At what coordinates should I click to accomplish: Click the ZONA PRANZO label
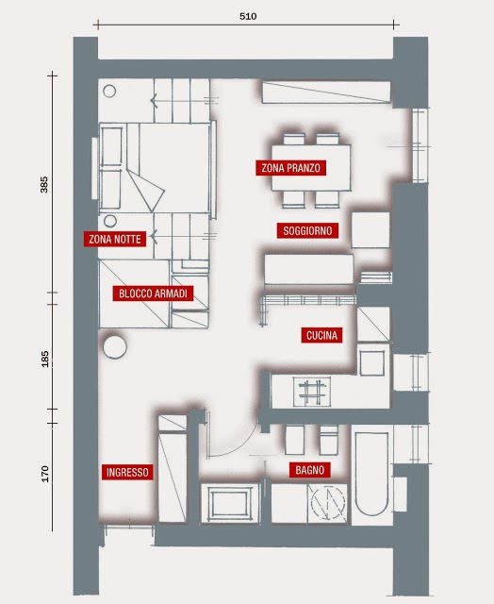click(291, 168)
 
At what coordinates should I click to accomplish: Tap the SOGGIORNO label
click(307, 230)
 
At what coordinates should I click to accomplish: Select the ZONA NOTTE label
click(115, 239)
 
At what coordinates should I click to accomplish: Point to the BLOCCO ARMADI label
click(153, 294)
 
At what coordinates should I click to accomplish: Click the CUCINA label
click(321, 335)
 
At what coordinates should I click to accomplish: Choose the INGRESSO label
click(127, 472)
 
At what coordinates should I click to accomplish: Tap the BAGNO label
click(310, 470)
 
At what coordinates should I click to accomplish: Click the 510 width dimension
click(248, 16)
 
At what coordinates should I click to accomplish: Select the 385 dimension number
click(44, 185)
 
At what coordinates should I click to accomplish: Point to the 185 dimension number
click(44, 359)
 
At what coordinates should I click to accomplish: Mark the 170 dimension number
click(45, 474)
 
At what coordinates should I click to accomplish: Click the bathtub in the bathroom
click(371, 475)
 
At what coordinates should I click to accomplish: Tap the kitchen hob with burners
click(312, 392)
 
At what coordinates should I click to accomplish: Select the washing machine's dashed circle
click(327, 502)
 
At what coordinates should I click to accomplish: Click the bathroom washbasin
click(230, 503)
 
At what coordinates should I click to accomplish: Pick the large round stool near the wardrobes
click(115, 346)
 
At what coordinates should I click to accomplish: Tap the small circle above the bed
click(109, 92)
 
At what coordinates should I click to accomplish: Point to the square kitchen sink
click(372, 362)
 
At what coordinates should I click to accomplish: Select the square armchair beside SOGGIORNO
click(370, 230)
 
